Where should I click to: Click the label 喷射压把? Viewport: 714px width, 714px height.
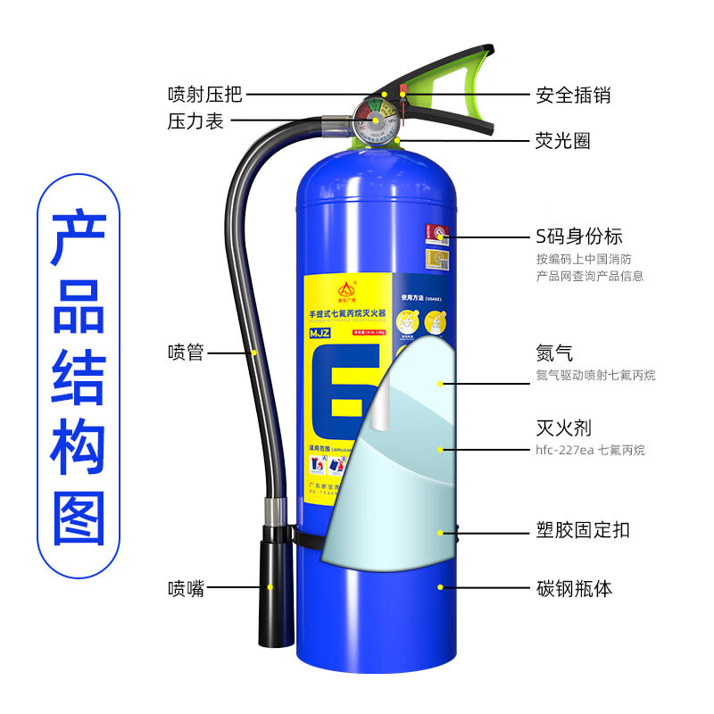click(x=204, y=94)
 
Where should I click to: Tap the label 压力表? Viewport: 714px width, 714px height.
click(x=195, y=122)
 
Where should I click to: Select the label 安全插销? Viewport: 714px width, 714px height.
click(x=573, y=94)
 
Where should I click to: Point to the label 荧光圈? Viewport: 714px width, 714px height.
click(x=562, y=141)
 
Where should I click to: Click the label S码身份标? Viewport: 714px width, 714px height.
click(x=578, y=237)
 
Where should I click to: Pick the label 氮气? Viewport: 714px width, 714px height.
click(x=554, y=353)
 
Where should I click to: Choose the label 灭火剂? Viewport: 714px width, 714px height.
click(x=562, y=429)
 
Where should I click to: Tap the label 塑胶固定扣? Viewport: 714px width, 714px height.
click(x=582, y=530)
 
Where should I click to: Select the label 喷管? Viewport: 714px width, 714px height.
click(x=186, y=353)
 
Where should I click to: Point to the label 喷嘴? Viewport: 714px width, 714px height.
click(x=186, y=588)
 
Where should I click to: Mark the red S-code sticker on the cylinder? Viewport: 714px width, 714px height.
click(x=436, y=234)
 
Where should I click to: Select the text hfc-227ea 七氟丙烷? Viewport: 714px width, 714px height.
click(x=591, y=451)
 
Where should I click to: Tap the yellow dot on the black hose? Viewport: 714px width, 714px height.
click(x=253, y=353)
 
